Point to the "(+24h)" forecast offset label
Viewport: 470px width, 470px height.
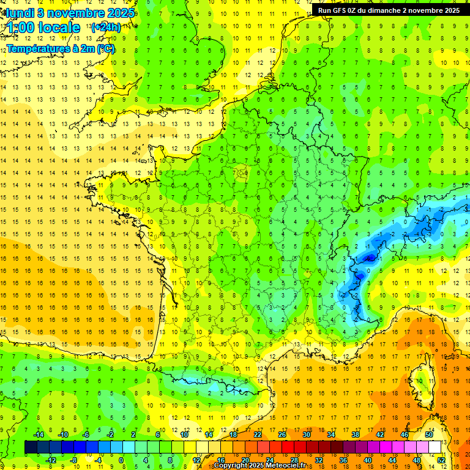tap(106, 27)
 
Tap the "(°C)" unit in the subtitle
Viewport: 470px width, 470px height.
tap(105, 48)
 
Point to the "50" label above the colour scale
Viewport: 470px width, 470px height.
tap(429, 435)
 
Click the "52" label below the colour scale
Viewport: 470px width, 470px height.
tap(441, 460)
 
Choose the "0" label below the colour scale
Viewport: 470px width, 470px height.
tap(121, 460)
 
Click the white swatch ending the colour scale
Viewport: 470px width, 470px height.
tap(435, 447)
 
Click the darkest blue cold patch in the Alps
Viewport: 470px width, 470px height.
tap(370, 259)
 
